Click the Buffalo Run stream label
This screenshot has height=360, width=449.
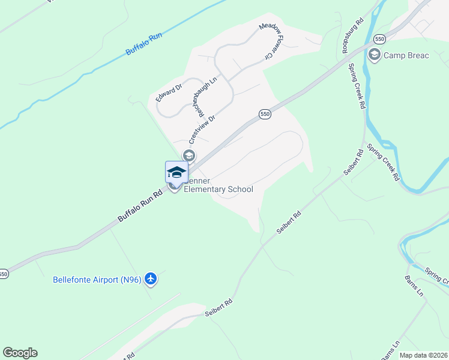pos(144,44)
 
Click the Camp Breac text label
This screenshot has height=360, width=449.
pos(406,56)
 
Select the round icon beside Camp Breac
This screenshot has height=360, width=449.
pos(375,56)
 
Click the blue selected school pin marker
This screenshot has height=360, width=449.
pos(176,172)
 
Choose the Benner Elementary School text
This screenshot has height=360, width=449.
pos(218,185)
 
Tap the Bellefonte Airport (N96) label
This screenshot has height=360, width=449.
pos(97,280)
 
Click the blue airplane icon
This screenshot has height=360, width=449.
pos(150,279)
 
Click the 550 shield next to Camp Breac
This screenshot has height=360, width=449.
pos(378,38)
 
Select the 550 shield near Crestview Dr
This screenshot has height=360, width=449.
pos(265,114)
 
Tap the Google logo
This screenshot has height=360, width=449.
pos(20,353)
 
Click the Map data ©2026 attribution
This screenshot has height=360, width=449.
pos(423,355)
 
